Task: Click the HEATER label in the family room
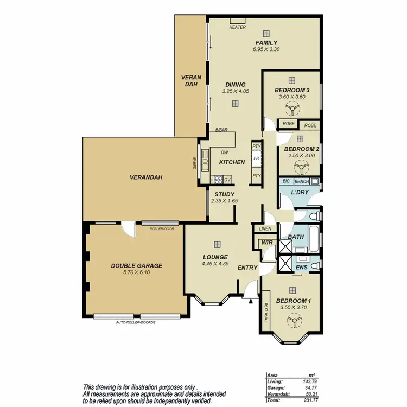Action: point(237,27)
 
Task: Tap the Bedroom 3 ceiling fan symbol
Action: point(291,110)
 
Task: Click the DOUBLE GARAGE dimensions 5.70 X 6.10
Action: point(137,274)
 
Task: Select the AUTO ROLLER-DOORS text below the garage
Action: point(136,322)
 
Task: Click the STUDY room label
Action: point(224,194)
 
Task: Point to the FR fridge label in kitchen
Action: point(257,160)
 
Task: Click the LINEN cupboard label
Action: point(265,228)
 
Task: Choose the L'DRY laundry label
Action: point(300,193)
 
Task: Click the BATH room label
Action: point(296,237)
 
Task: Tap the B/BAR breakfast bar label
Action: point(221,130)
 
